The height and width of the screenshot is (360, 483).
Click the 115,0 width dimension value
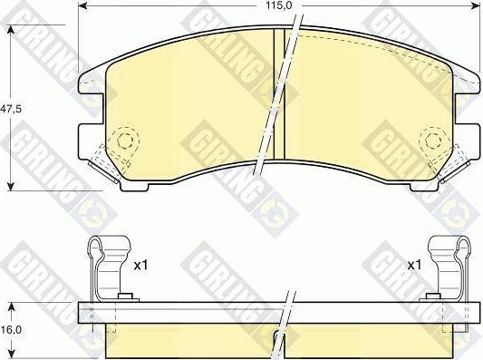point(278,5)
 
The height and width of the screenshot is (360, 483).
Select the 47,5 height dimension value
point(12,109)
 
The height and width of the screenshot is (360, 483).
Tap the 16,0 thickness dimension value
point(11,330)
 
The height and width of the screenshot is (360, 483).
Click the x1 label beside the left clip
point(141,265)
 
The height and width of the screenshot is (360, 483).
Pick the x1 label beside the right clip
point(414,265)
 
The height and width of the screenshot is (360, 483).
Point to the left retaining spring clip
point(110,268)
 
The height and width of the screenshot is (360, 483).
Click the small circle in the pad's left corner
point(125,141)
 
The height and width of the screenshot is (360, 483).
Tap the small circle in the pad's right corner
point(433,141)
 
